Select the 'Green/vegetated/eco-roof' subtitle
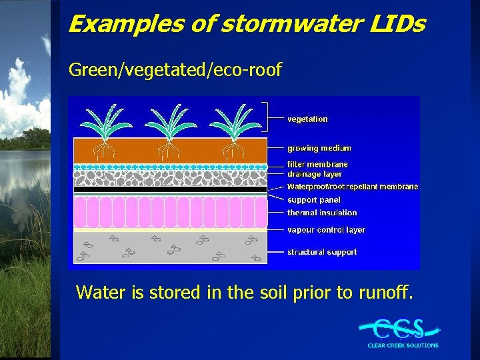coord(175,69)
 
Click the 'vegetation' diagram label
coord(307,119)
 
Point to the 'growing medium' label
coord(319,148)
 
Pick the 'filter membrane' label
coord(317,164)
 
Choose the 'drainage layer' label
coord(314,174)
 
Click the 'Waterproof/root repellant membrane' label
coord(353,187)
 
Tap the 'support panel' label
coord(313,200)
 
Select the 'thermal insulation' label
coord(322,213)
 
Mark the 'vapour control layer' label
coord(326,230)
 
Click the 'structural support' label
coord(322,252)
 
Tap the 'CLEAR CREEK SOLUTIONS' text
coord(403,345)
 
